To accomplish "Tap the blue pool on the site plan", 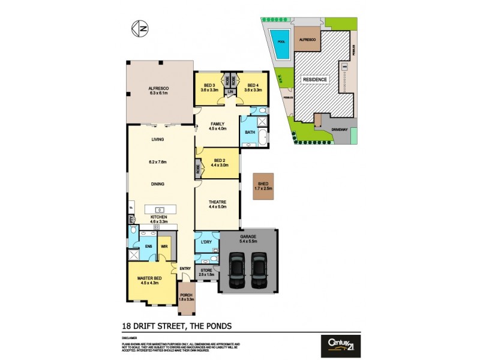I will pos(281,45).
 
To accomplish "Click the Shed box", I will pos(263,187).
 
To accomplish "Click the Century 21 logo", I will pos(341,343).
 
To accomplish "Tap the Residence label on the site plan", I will pos(314,79).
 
